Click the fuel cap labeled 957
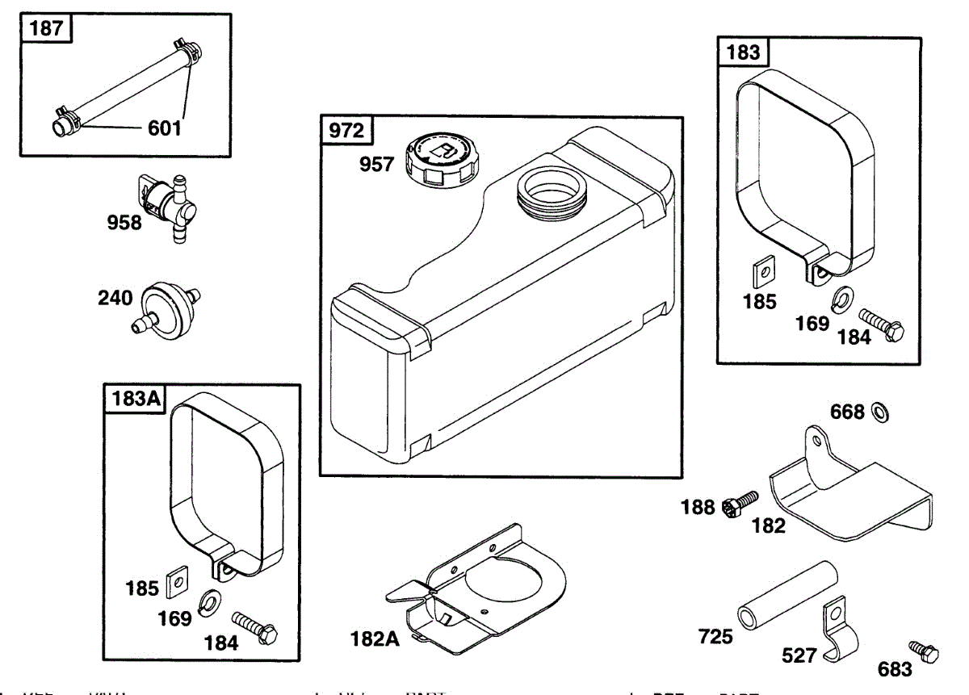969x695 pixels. click(443, 157)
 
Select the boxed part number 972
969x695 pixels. click(346, 130)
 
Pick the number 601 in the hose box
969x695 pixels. click(164, 128)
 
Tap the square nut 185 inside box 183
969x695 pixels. click(761, 274)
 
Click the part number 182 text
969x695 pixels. click(768, 526)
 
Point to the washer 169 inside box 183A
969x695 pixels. click(212, 600)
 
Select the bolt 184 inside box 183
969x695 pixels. click(879, 323)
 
